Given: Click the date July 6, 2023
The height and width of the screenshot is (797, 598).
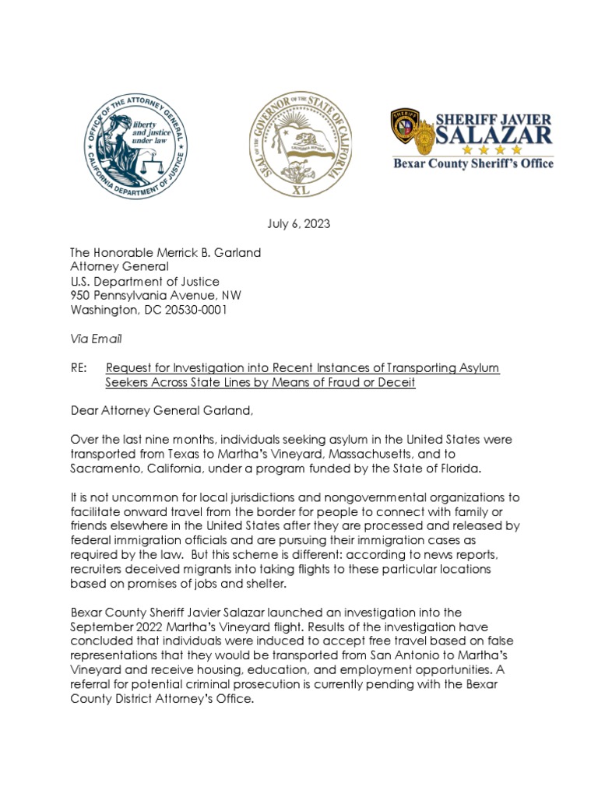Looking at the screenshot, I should point(298,224).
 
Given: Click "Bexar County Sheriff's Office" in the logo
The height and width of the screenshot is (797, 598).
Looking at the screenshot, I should point(473,164).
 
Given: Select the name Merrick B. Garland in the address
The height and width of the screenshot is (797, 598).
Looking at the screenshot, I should point(212,253).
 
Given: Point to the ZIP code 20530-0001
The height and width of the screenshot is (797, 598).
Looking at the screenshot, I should point(194,309).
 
